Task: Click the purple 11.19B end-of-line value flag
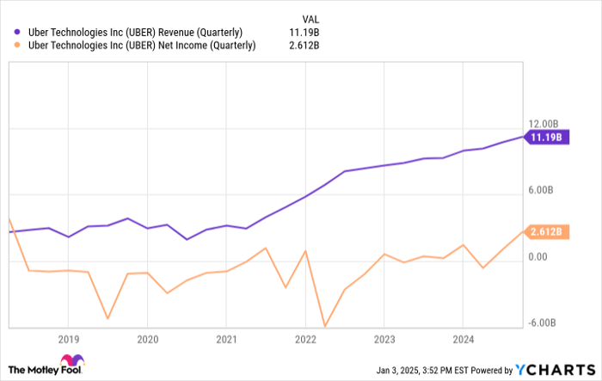(547, 137)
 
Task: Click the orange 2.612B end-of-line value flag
(547, 231)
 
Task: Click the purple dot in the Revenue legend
(17, 32)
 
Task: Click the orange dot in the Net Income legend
(17, 46)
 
